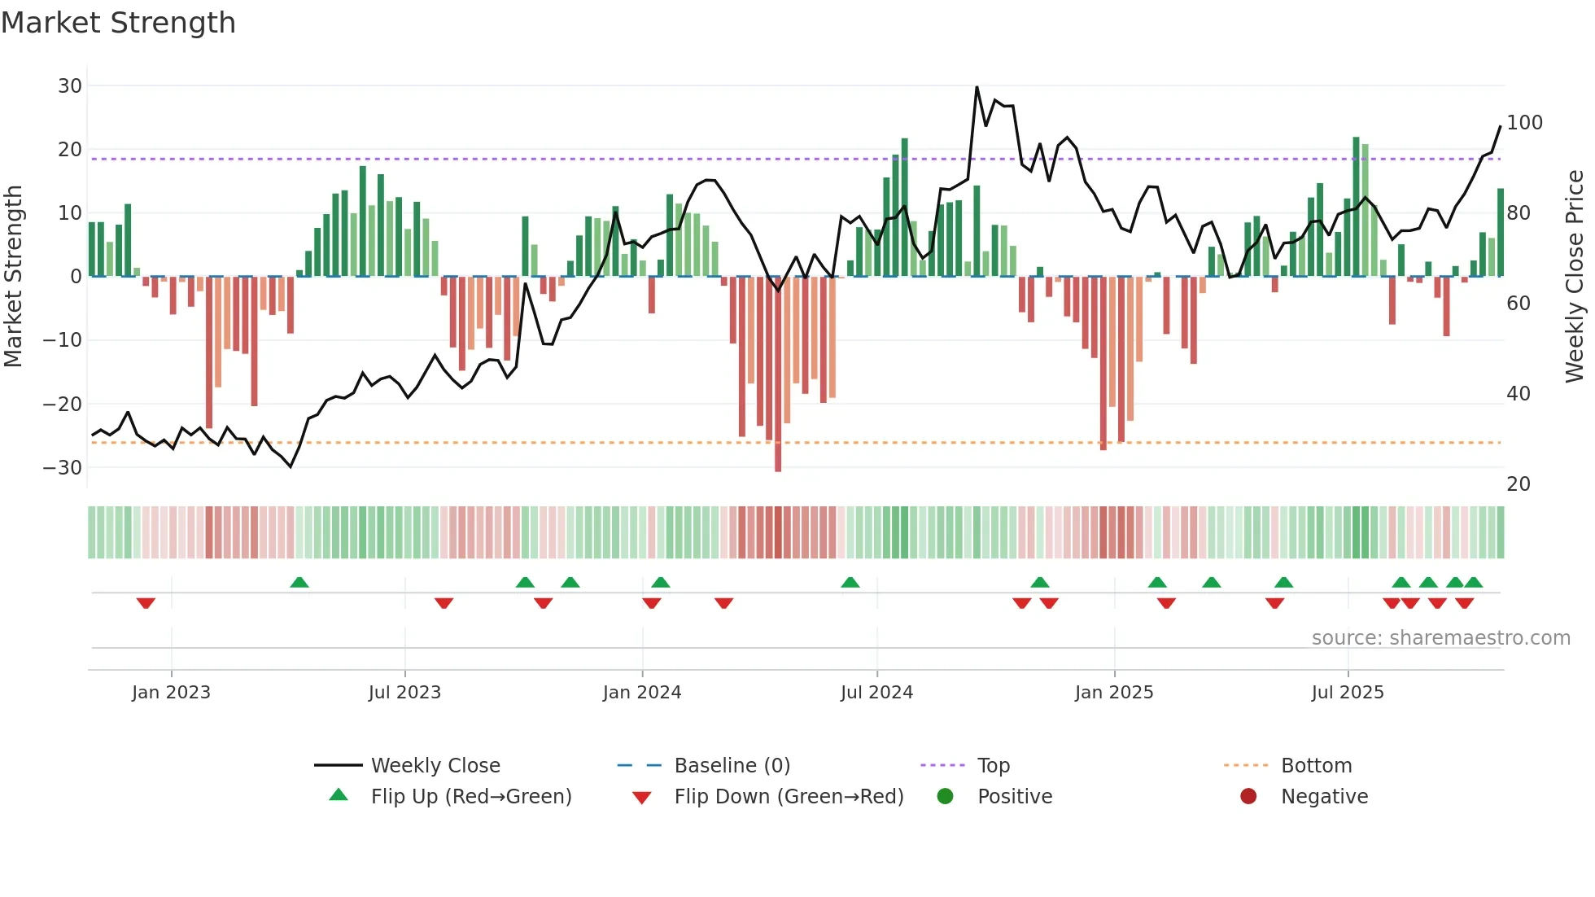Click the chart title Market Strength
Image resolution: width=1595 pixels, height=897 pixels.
[x=118, y=23]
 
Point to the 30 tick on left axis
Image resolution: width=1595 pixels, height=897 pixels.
[x=70, y=86]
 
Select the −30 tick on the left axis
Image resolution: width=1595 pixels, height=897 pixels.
[x=63, y=468]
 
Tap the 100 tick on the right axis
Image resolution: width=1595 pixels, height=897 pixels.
[x=1524, y=123]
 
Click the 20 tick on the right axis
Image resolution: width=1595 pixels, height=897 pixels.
[x=1519, y=484]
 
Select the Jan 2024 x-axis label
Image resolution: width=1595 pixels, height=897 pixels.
[x=641, y=693]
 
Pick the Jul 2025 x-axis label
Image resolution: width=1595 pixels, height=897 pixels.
[x=1347, y=693]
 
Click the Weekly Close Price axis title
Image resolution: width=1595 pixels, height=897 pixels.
[x=1575, y=277]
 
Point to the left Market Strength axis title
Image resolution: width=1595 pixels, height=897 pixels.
[x=13, y=277]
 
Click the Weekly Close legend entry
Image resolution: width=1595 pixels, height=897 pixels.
[x=435, y=766]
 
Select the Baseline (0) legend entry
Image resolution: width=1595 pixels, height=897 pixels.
[x=732, y=766]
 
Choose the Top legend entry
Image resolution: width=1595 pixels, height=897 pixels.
[x=993, y=766]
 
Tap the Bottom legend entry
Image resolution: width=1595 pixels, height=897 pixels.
[x=1316, y=766]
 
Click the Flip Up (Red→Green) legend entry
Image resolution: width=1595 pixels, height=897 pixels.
[x=470, y=797]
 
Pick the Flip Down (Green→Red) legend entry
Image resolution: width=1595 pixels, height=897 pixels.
[x=788, y=797]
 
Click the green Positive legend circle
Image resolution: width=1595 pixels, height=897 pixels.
[x=945, y=797]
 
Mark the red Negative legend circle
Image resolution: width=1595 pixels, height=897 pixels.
[x=1248, y=797]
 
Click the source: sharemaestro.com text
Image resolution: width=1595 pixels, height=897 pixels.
[x=1440, y=638]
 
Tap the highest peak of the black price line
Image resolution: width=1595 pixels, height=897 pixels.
[x=977, y=87]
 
